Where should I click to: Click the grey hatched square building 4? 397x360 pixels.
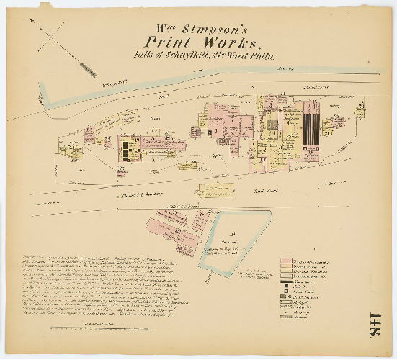[272, 125]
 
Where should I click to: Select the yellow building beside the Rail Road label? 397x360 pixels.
[216, 189]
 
